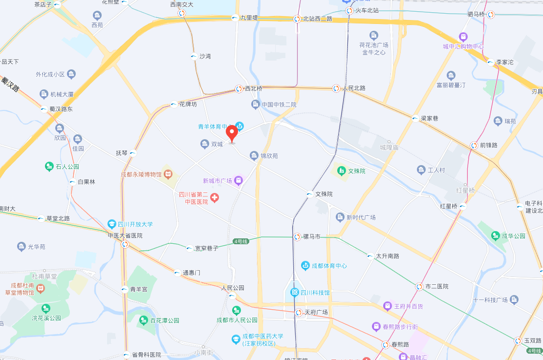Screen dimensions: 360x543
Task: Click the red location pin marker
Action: coord(232,132)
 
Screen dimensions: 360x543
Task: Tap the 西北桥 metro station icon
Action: coord(239,89)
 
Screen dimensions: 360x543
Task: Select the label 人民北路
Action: coord(354,88)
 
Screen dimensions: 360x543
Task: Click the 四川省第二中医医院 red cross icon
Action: coord(214,197)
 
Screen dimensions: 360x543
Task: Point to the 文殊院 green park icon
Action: coord(341,171)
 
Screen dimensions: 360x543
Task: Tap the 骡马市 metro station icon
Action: coord(297,237)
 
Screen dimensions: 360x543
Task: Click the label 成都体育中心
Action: coord(329,266)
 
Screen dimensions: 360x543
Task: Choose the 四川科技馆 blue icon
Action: coord(295,293)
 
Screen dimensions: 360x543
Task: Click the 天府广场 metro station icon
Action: coord(299,313)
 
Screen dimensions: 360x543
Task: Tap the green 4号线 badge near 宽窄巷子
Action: coord(241,241)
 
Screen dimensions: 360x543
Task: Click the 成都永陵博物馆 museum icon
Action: coord(168,174)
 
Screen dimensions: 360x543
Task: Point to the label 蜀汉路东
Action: coord(61,109)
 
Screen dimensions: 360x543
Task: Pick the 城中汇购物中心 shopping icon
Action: coord(463,37)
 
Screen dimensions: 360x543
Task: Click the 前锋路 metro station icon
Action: coord(474,146)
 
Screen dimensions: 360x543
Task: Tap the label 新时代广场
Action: coord(361,217)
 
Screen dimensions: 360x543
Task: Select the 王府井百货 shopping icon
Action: coord(388,306)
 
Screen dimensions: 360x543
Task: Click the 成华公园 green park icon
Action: coord(496,235)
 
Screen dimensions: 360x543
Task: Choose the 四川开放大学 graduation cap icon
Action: coord(112,224)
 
